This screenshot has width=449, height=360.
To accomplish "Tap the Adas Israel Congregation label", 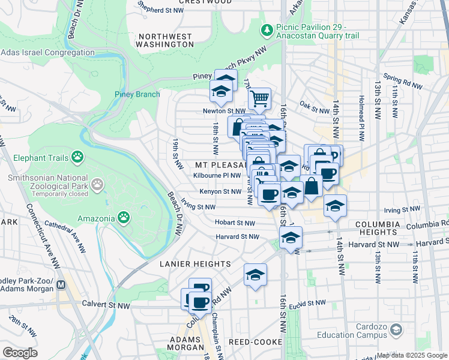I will [47, 53].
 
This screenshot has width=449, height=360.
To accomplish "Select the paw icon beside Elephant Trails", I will [77, 157].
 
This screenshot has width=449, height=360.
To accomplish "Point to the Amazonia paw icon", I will [123, 216].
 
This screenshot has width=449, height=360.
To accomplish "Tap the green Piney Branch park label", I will [137, 94].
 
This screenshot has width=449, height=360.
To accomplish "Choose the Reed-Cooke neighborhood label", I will [252, 341].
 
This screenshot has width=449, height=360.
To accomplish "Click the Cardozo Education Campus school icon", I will [396, 330].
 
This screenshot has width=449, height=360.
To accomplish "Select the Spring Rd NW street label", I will [400, 78].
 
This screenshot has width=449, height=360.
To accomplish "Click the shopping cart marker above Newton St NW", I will [259, 98].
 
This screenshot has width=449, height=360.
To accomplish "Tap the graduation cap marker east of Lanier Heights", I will [255, 275].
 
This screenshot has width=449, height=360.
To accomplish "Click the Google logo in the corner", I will [20, 352].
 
